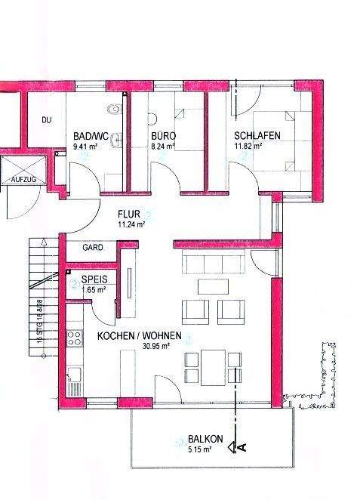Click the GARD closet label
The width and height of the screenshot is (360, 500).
click(x=93, y=247)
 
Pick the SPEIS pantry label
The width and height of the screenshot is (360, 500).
click(x=94, y=279)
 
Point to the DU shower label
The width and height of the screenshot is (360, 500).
click(x=46, y=120)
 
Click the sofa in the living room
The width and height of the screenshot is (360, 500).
click(x=214, y=262)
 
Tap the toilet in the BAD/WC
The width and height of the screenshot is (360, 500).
click(x=115, y=112)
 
